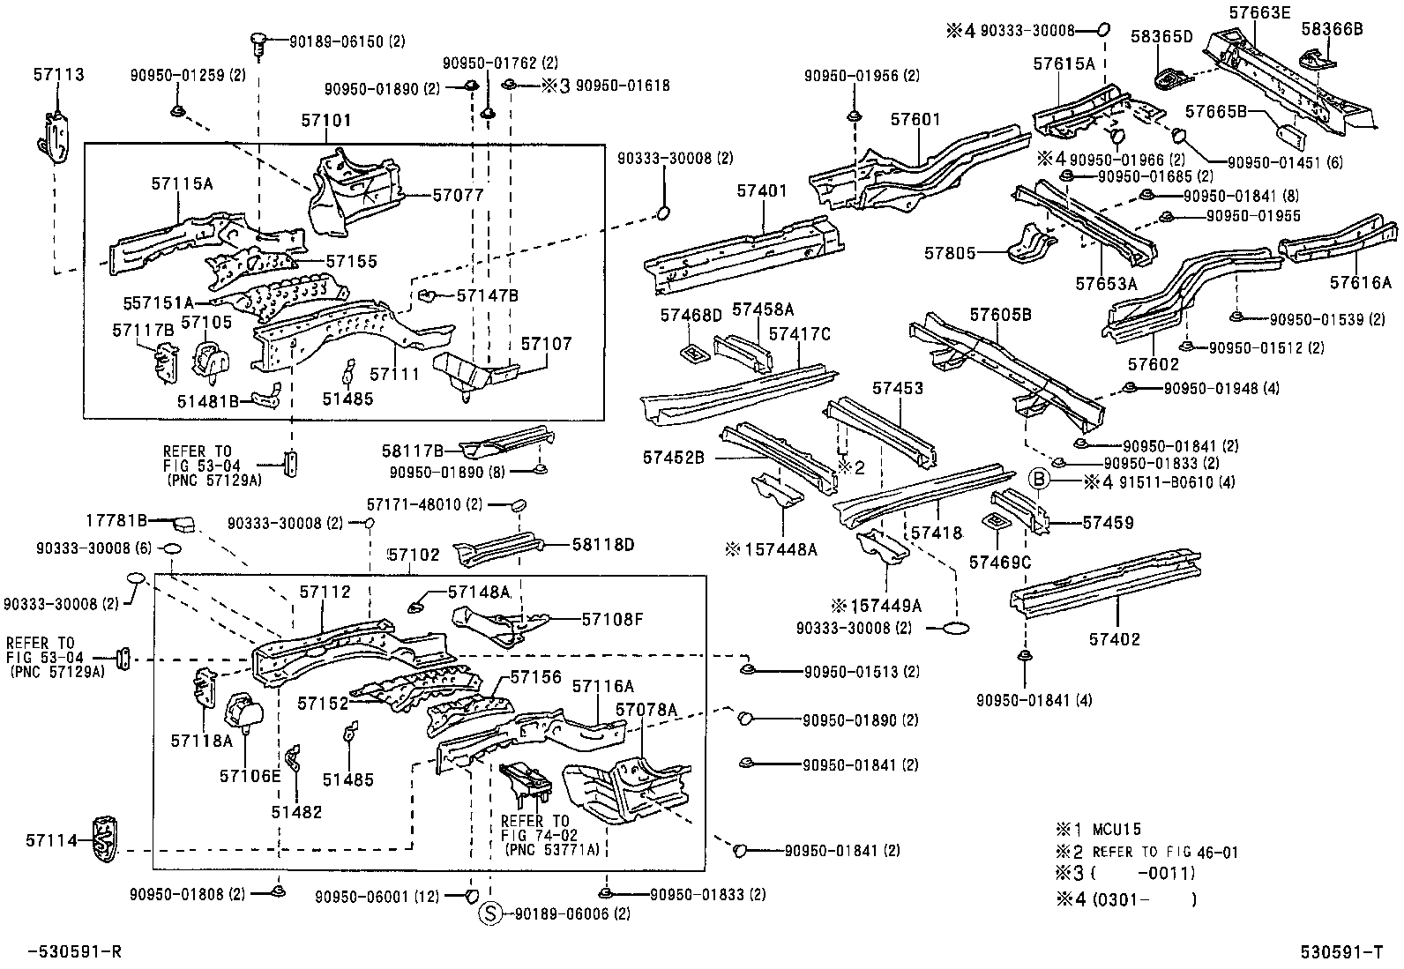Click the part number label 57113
(x=60, y=75)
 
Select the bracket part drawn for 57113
(x=56, y=137)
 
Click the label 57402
(x=1114, y=638)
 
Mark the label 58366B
(x=1332, y=29)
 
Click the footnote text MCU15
(x=1116, y=829)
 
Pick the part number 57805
(x=950, y=253)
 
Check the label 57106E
(x=250, y=775)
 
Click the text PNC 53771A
(x=552, y=850)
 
